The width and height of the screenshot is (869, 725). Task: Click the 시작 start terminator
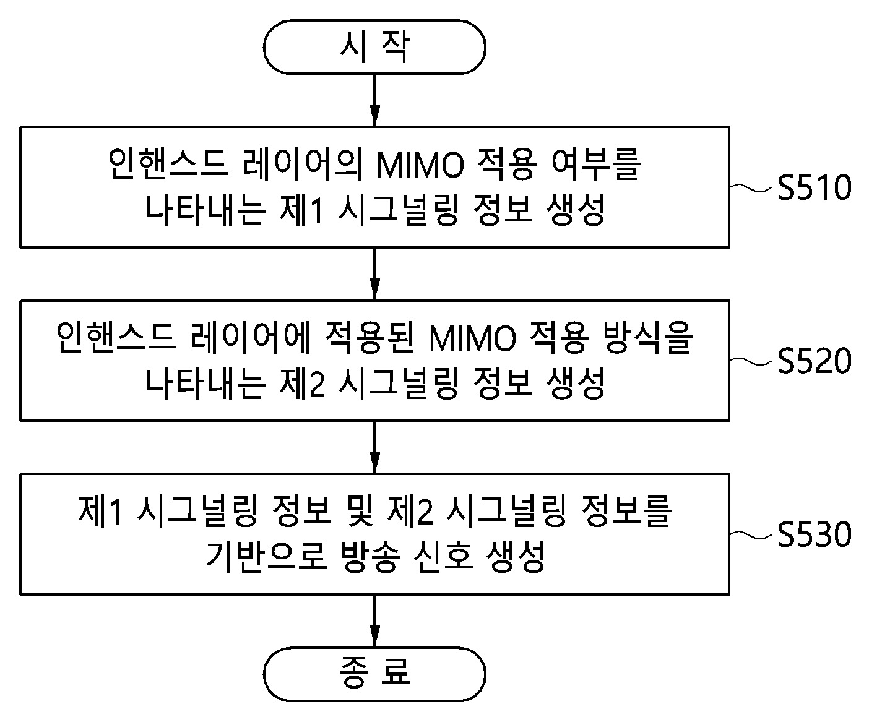tap(374, 47)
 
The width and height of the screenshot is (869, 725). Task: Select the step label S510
tap(814, 188)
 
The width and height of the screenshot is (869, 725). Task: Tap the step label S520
tap(814, 361)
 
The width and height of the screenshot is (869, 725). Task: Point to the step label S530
tap(814, 534)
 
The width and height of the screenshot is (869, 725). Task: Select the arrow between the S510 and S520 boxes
tap(374, 274)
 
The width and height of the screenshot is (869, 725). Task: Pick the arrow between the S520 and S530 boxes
tap(374, 447)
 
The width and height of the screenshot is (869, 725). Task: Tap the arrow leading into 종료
tap(374, 621)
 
